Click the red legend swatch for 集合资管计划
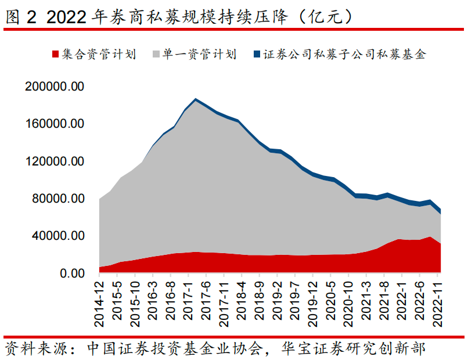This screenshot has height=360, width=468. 56,55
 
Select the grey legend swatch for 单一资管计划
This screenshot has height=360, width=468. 157,55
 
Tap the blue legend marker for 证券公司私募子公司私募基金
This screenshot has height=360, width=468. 258,55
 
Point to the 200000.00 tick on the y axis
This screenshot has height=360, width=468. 55,87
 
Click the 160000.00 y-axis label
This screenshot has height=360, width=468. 55,124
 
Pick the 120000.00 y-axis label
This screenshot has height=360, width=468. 55,161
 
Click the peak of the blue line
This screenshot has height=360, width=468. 196,99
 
